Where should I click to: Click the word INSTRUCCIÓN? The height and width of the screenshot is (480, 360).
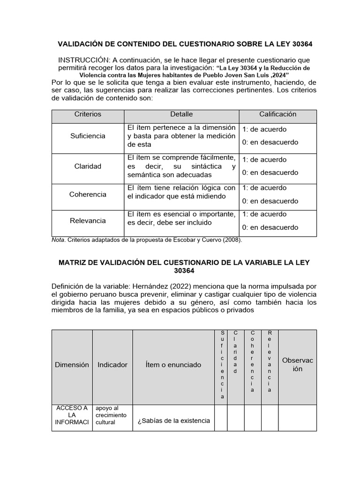(83, 61)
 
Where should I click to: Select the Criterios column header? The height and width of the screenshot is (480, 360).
(88, 114)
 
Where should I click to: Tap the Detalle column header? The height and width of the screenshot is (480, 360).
(181, 114)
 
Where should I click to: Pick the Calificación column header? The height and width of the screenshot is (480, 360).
(277, 114)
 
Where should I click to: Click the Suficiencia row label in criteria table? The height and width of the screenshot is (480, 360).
(88, 136)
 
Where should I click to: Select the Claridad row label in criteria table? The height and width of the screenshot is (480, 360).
(88, 166)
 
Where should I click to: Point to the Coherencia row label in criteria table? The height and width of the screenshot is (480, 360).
(88, 194)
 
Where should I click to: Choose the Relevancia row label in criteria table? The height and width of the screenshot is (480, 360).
(88, 220)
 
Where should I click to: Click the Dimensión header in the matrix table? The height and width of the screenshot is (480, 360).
(72, 365)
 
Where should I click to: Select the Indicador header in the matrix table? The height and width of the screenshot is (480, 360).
(112, 365)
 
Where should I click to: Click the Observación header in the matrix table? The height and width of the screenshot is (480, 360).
(297, 365)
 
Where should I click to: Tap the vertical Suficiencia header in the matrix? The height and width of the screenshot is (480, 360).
(223, 365)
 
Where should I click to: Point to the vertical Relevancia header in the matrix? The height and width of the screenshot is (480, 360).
(270, 361)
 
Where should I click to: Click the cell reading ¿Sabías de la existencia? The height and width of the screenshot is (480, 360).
(173, 420)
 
